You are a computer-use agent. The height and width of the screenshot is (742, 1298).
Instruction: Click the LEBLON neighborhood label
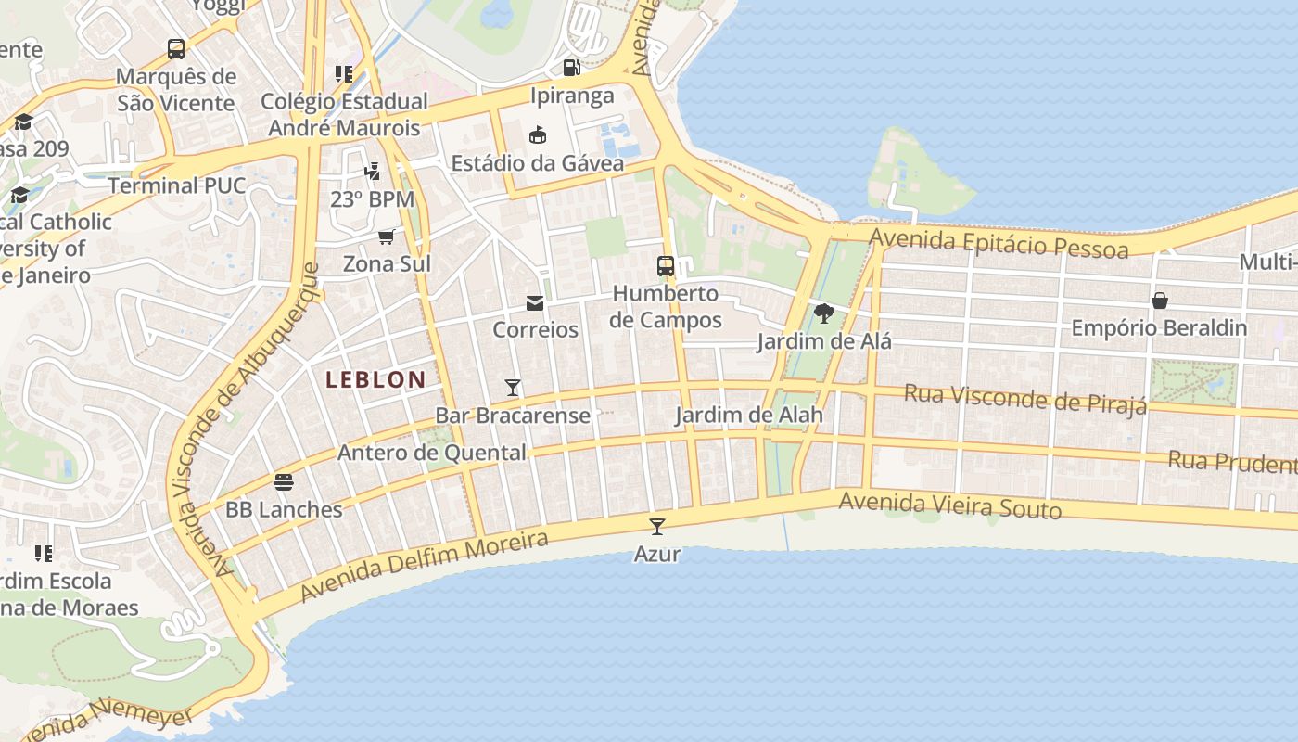(x=375, y=379)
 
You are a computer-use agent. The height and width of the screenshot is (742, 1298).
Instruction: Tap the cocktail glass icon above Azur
(x=657, y=527)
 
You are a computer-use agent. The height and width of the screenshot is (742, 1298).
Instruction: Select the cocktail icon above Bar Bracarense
(x=513, y=387)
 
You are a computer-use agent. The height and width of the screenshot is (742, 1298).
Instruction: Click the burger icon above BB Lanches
(x=284, y=482)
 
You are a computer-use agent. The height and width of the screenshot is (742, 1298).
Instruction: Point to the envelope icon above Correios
(x=535, y=302)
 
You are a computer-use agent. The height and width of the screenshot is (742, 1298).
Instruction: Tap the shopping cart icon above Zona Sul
(x=387, y=237)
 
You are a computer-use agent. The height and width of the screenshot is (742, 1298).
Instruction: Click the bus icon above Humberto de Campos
(x=666, y=266)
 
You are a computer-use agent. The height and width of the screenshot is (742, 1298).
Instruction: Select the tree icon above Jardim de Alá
(x=823, y=313)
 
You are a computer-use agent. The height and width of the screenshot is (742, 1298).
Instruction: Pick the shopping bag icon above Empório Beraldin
(x=1159, y=301)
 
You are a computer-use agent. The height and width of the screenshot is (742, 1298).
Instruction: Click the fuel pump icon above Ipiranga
(x=572, y=67)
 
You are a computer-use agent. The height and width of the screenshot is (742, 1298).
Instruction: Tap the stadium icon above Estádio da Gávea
(x=537, y=135)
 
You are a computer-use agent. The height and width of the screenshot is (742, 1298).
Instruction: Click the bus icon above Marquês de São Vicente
(x=176, y=48)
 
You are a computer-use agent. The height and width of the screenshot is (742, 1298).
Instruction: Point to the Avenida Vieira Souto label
(x=949, y=506)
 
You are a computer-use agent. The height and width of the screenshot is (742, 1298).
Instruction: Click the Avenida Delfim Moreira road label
(x=425, y=565)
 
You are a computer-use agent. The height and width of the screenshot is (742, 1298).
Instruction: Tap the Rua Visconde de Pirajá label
(x=1025, y=398)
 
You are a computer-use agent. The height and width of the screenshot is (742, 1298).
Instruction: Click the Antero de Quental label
(x=432, y=453)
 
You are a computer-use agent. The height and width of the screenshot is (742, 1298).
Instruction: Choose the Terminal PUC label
(x=177, y=185)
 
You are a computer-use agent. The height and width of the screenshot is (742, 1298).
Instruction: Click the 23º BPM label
(x=372, y=199)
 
